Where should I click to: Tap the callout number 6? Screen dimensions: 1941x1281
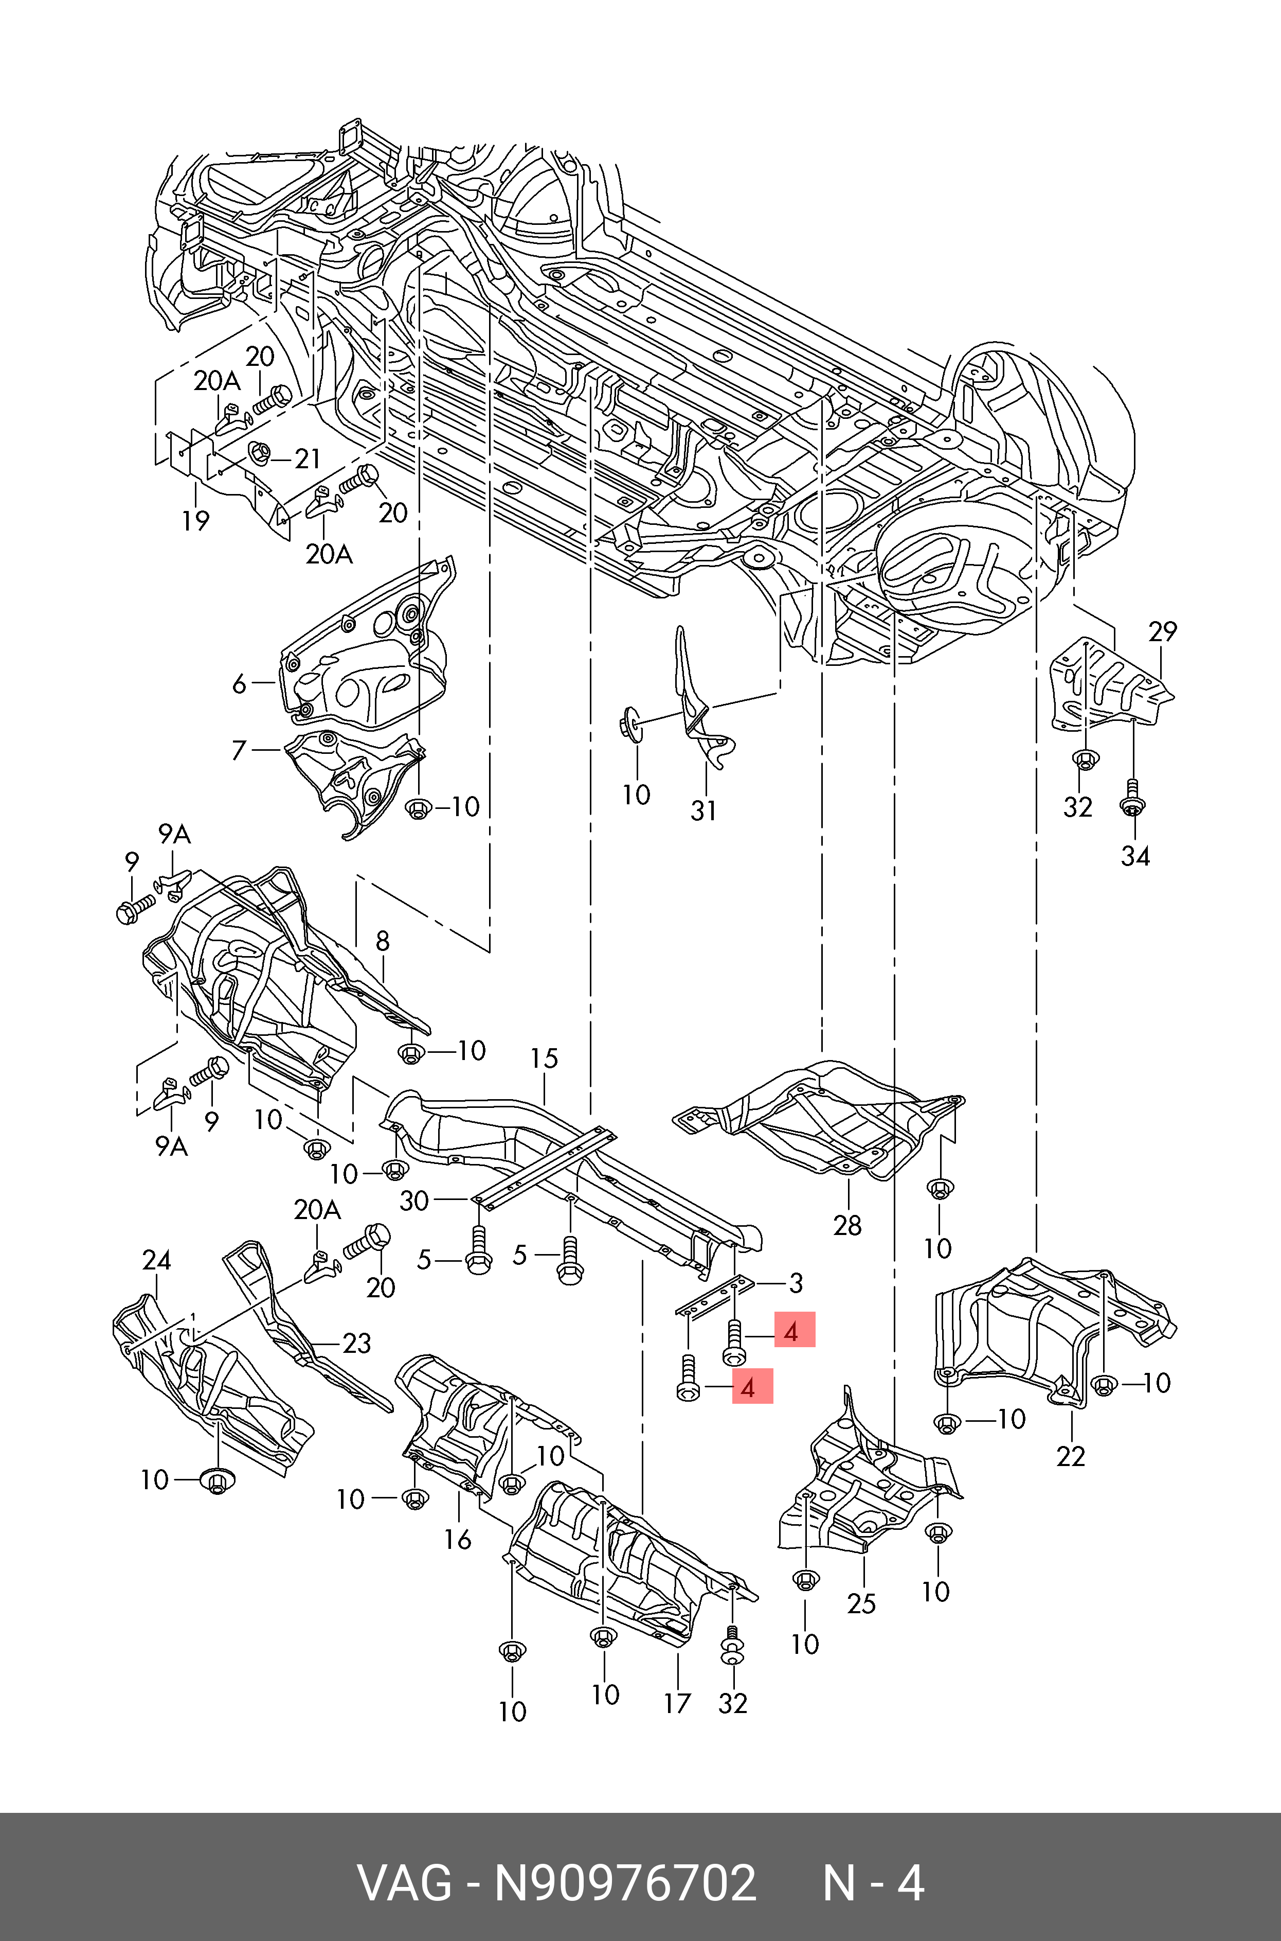click(x=239, y=683)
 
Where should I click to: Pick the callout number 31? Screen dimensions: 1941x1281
click(x=703, y=811)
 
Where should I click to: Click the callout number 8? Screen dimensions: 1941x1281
click(x=382, y=942)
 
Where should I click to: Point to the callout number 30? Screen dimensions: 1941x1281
click(x=414, y=1201)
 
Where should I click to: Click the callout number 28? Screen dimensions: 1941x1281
click(x=847, y=1225)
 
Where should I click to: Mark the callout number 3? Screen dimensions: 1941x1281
click(x=796, y=1283)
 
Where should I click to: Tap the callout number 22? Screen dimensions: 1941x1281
click(x=1070, y=1456)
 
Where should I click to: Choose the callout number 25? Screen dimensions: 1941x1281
click(x=861, y=1603)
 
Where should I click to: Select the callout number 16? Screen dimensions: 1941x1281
click(x=458, y=1540)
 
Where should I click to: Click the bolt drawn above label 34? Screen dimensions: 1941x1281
click(x=1132, y=798)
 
